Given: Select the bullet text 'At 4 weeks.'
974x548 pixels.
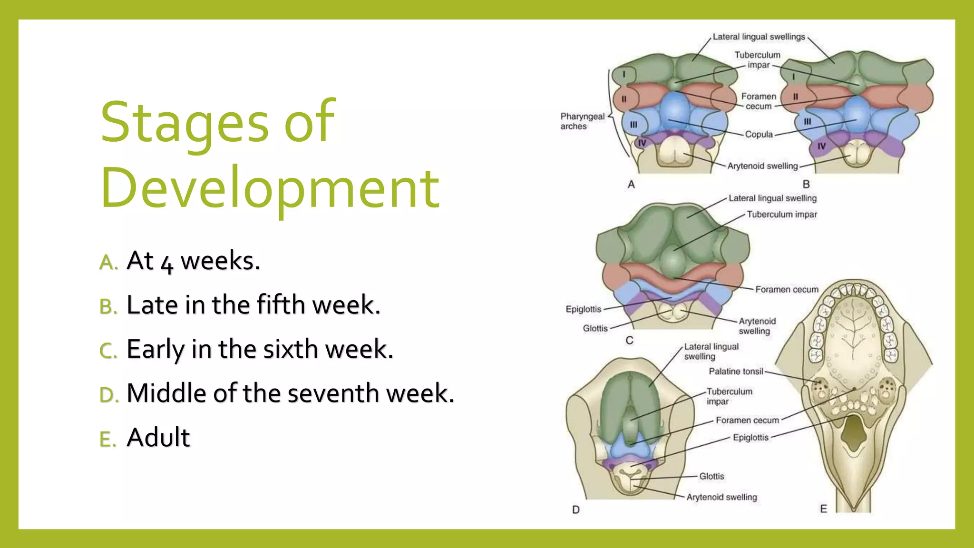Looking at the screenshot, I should (193, 261).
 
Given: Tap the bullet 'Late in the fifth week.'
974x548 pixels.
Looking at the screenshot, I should (253, 305).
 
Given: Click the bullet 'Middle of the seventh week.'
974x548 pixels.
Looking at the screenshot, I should (290, 393).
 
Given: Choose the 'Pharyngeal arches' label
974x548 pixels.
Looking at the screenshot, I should (582, 121).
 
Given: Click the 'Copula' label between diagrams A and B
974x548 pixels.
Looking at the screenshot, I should (759, 135).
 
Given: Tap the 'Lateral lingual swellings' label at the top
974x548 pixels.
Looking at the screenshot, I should (759, 37).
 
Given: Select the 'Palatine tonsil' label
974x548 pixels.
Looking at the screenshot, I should (736, 372).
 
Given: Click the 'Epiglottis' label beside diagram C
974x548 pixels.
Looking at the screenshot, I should (583, 309).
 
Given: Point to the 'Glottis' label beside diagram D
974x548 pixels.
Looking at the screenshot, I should (711, 476).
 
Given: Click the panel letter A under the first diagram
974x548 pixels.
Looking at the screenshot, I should (631, 185).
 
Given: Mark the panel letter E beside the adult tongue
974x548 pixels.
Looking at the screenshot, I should (824, 509).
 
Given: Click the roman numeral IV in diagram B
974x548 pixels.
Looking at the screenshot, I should (821, 147).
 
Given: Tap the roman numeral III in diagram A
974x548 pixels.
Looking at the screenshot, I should (633, 125).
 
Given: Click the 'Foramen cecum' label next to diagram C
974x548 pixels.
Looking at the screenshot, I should (787, 290).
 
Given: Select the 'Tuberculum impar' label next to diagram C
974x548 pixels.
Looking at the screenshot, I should (781, 215).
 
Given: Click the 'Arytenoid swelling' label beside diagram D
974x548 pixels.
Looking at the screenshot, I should (721, 497).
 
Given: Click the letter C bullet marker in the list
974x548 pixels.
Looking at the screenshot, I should (108, 351).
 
